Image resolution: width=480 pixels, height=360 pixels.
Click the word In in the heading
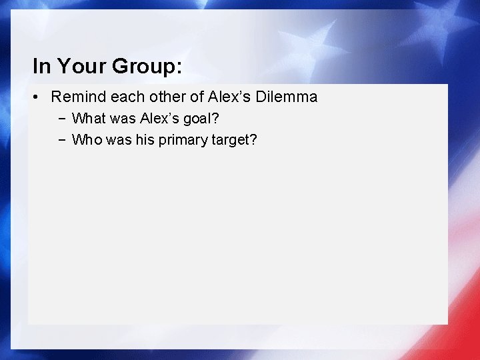tap(41, 66)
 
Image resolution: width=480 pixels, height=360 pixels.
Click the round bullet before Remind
tap(37, 97)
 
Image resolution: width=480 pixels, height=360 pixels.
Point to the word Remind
tap(78, 97)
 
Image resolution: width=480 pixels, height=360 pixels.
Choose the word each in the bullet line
tap(127, 97)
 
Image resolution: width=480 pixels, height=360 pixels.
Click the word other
tap(167, 97)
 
